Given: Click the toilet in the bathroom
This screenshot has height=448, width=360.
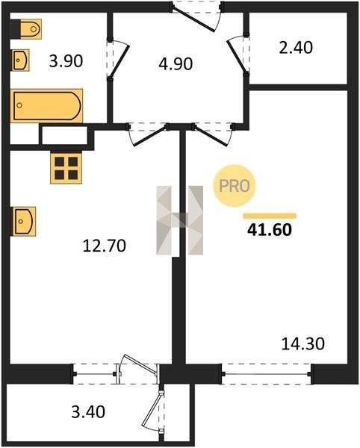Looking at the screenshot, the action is [26, 29].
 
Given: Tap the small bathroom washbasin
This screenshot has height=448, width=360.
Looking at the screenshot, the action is [21, 60].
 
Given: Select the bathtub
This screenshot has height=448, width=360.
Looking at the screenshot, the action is [47, 106].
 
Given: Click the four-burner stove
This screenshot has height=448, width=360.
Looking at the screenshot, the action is [66, 168].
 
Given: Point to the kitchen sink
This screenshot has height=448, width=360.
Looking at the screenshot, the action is [24, 222].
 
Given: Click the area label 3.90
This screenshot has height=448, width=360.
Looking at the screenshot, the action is [66, 61].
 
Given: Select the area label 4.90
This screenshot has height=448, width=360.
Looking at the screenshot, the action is [176, 63].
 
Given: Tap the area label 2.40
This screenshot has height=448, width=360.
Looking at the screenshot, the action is [296, 48].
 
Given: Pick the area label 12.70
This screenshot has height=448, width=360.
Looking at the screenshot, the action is [105, 246].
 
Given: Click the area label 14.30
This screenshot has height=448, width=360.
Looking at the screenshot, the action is [303, 343].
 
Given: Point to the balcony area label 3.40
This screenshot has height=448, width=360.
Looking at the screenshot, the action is [88, 412].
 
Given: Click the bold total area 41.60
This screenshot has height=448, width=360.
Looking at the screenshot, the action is [270, 230].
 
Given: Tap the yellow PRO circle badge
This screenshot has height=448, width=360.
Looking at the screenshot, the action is [235, 186].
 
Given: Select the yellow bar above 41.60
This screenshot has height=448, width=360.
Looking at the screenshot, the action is [270, 216].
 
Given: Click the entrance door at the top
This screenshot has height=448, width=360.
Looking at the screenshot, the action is [196, 16].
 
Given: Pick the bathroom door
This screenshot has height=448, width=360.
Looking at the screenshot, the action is [119, 60].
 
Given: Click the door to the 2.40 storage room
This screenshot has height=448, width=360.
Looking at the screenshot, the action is [238, 55].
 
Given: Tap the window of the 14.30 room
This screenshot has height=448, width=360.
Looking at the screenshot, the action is [267, 374].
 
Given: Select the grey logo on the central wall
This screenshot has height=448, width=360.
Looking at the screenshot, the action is [180, 220].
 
